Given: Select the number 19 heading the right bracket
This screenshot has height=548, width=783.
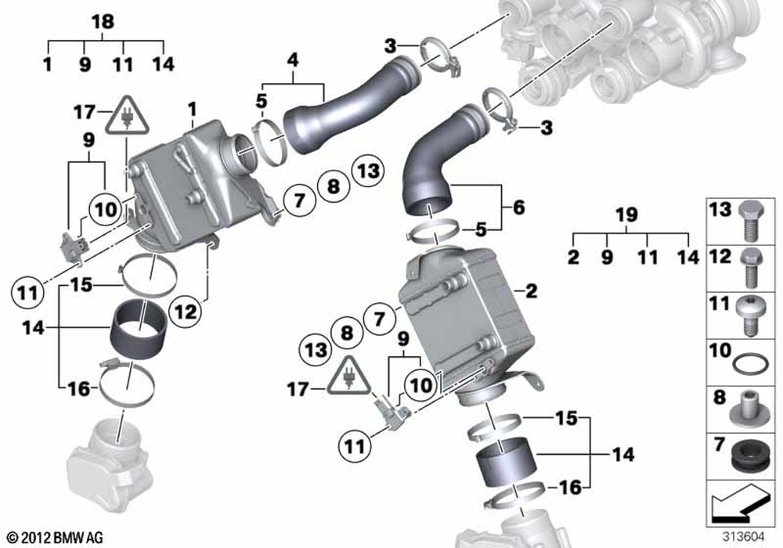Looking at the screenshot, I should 628,215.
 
